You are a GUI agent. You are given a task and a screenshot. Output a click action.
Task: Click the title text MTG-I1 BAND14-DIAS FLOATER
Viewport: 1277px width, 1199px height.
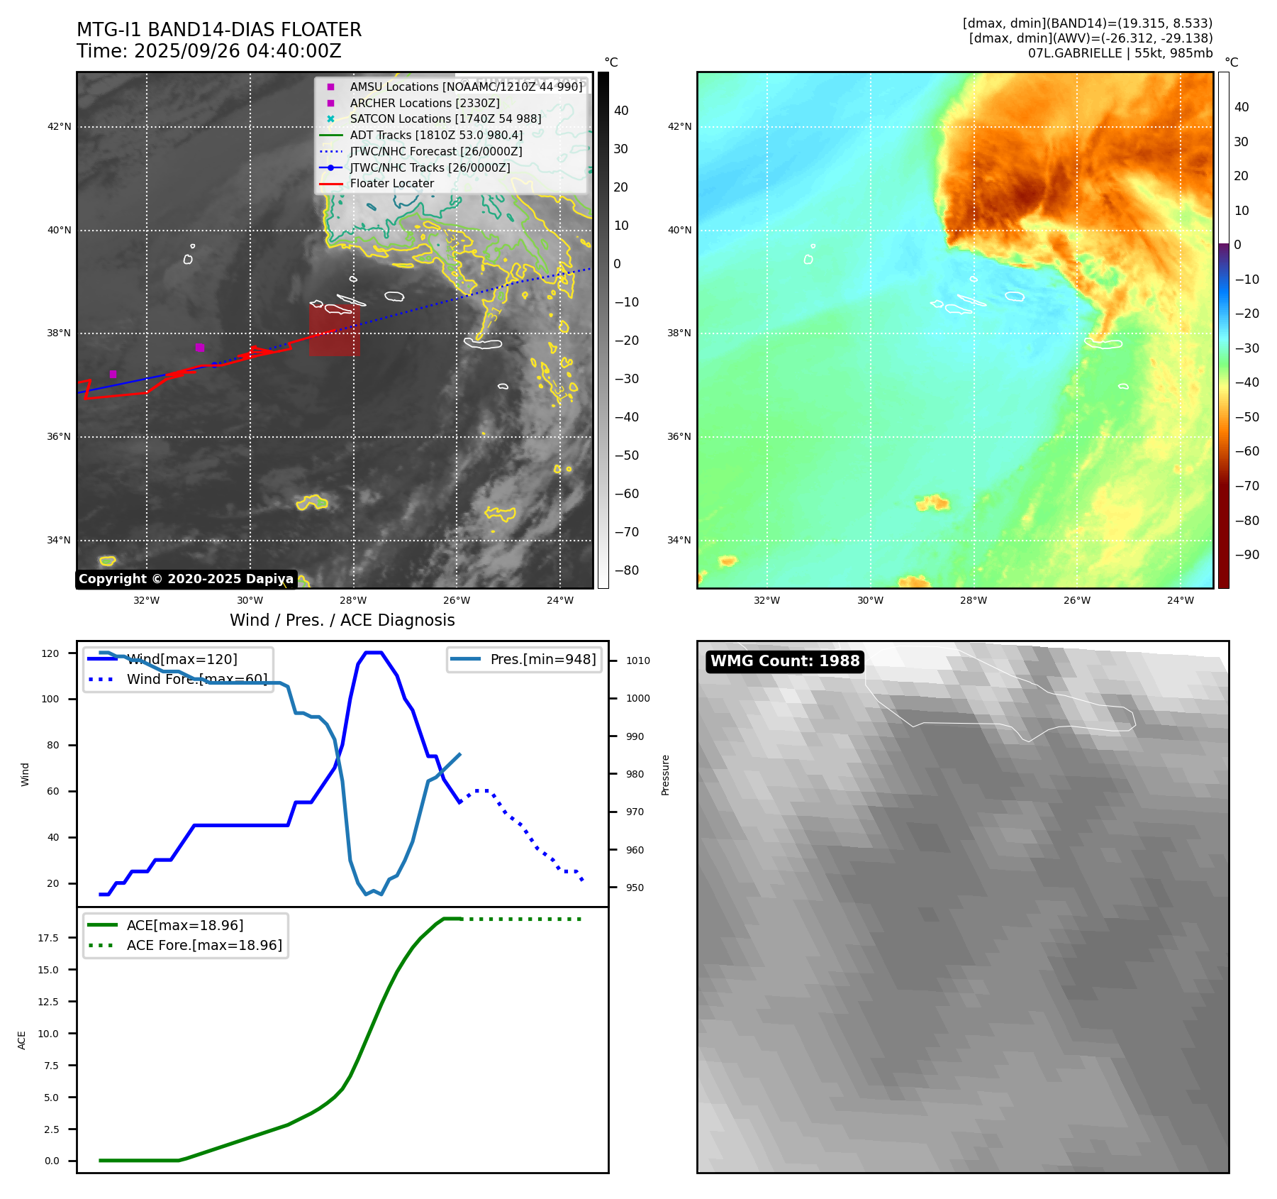pos(219,30)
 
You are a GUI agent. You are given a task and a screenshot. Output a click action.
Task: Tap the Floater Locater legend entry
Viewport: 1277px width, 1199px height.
pos(391,183)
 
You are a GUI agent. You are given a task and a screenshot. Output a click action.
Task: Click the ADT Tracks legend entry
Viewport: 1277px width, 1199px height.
pos(435,135)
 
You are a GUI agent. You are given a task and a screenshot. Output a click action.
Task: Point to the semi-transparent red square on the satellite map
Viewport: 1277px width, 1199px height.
pos(334,330)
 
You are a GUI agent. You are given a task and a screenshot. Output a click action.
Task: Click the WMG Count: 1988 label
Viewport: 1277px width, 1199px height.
pos(785,661)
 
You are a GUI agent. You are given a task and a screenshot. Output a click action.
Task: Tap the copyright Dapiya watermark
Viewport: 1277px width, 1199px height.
pos(186,579)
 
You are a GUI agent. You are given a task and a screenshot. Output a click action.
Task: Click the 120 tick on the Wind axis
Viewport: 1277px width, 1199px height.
pos(50,653)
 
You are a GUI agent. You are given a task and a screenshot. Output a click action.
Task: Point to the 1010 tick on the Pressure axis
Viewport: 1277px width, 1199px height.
pos(637,661)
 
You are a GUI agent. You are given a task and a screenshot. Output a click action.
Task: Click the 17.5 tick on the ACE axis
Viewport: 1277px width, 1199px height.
pos(48,938)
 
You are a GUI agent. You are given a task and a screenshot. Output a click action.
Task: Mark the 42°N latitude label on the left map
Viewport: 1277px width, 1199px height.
pos(59,127)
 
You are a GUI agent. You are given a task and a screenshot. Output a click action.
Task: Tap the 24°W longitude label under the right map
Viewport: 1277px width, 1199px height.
pos(1180,600)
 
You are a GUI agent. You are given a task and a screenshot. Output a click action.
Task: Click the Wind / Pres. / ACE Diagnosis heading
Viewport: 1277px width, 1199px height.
pos(342,620)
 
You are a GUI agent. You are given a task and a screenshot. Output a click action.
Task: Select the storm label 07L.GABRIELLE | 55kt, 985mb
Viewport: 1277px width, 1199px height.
pos(1120,53)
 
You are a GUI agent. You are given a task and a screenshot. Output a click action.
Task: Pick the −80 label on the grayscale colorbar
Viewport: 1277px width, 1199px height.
pos(626,570)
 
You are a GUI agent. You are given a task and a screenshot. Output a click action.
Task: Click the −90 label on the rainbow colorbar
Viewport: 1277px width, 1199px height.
pos(1247,555)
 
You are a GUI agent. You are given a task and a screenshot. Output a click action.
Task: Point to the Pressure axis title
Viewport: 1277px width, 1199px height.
pos(665,775)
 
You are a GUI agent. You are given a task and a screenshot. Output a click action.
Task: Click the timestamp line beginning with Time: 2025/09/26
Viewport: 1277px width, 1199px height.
pos(209,51)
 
